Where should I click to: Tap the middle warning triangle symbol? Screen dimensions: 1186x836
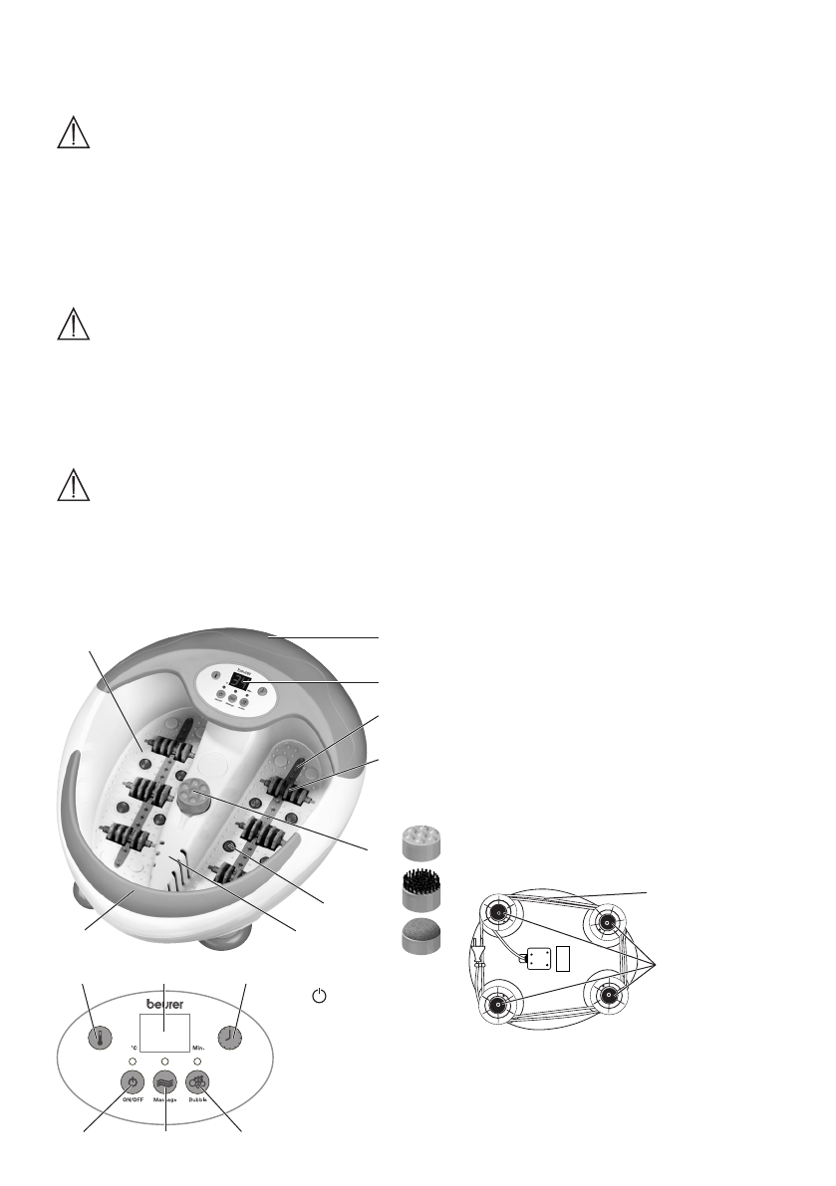[x=74, y=326]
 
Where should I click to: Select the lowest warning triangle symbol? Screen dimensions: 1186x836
[x=74, y=484]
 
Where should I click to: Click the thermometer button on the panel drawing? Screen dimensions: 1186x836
[x=98, y=1037]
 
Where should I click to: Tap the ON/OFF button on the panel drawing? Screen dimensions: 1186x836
[x=130, y=1083]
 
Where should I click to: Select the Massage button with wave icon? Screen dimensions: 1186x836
[x=165, y=1083]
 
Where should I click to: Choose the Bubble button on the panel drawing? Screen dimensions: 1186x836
[x=200, y=1083]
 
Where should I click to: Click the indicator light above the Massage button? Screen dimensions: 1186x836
[x=165, y=1062]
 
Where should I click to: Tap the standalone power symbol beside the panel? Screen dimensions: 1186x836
[x=318, y=996]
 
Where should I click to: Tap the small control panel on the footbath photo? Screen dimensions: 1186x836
[x=235, y=690]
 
